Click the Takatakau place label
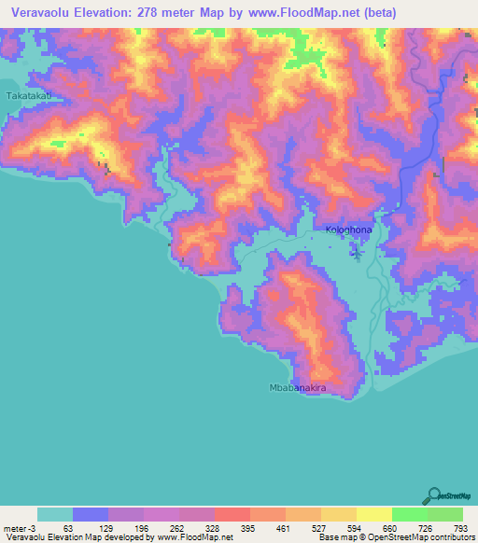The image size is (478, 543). (27, 96)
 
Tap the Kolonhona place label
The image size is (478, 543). (348, 229)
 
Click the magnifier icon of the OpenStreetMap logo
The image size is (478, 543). (433, 495)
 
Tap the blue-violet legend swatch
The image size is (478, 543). (91, 514)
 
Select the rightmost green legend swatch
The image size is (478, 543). (445, 514)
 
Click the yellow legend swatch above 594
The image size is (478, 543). (339, 514)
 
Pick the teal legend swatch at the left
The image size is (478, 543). (55, 514)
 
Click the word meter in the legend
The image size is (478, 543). (14, 528)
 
